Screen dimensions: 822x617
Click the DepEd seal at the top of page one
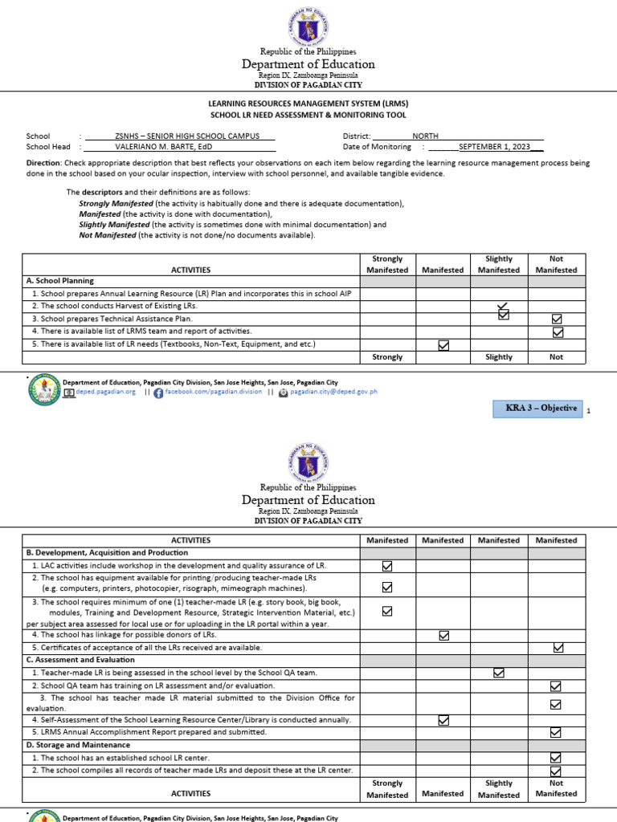(308, 26)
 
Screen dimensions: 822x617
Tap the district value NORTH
(426, 136)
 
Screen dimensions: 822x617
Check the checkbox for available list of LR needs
(443, 345)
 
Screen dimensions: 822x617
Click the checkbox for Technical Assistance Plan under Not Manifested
(557, 319)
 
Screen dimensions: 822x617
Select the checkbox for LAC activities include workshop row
(387, 566)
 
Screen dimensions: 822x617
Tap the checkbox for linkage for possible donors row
(443, 635)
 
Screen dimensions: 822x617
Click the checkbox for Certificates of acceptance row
(558, 647)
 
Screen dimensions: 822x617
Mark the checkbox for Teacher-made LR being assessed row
(499, 673)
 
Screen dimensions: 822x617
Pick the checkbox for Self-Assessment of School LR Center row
(443, 720)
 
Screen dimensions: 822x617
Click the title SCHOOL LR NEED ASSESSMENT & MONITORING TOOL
(308, 116)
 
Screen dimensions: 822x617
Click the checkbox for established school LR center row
(556, 758)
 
